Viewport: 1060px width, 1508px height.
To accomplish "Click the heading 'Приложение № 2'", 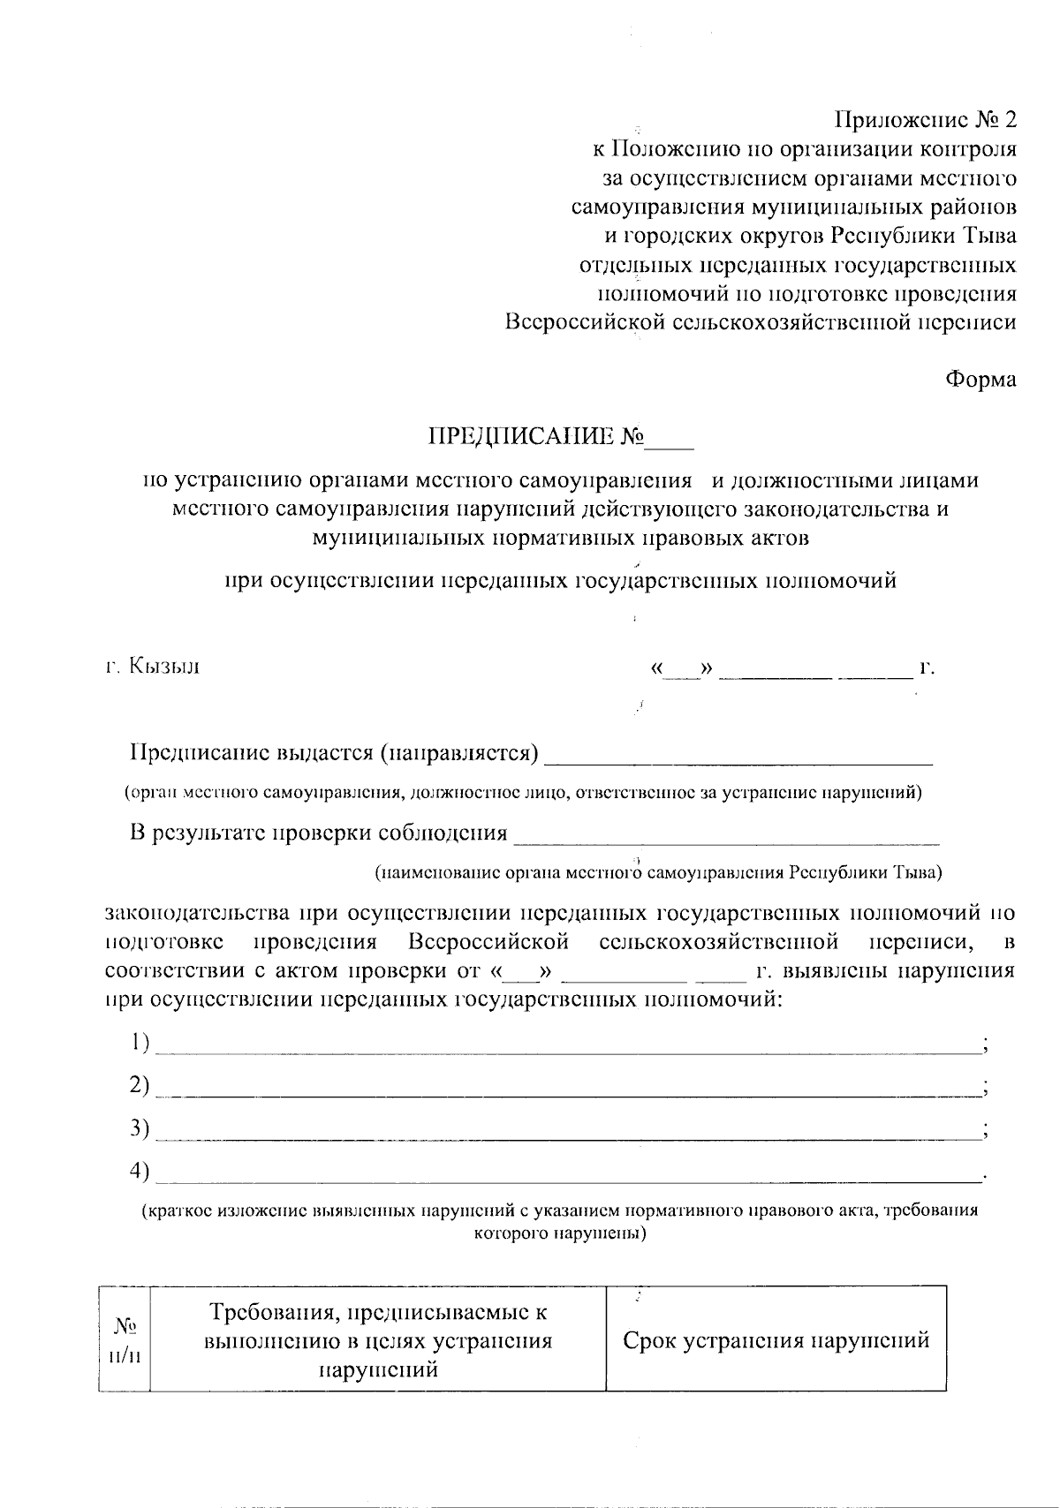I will (x=926, y=119).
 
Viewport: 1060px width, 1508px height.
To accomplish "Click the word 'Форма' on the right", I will (x=980, y=380).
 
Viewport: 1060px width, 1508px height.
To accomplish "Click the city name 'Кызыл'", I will (x=164, y=666).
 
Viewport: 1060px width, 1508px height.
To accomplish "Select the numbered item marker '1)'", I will (x=139, y=1043).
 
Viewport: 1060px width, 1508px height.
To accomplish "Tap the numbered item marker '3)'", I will (x=139, y=1127).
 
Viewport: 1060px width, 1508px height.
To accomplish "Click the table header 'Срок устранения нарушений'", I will (x=776, y=1340).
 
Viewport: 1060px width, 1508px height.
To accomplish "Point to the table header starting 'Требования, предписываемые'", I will (x=378, y=1340).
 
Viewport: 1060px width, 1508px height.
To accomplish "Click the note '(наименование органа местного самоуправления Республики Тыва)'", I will (x=658, y=873).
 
